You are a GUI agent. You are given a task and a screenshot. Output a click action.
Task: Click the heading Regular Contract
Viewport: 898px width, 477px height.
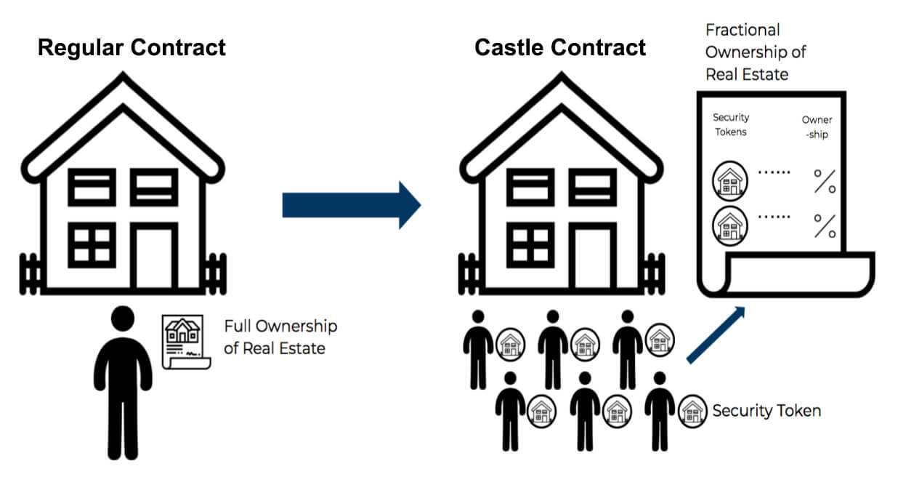132,48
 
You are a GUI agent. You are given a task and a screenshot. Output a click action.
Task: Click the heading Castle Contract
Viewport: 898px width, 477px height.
560,48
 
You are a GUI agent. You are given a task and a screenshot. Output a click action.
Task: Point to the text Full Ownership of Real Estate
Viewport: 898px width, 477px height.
280,337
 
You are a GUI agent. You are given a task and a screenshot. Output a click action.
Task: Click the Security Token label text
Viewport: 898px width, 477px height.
766,411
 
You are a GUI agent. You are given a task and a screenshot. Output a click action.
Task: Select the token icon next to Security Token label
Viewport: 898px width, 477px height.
692,412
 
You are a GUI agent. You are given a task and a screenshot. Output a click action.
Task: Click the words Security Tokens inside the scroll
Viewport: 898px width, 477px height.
731,124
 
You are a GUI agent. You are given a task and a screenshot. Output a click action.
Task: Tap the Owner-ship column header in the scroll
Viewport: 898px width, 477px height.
817,127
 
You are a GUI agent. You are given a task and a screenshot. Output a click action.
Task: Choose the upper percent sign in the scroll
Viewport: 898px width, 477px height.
824,182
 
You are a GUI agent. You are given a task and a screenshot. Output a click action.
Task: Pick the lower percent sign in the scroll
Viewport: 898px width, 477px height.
824,226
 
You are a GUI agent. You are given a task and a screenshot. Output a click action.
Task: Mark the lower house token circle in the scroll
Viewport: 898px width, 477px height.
727,225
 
